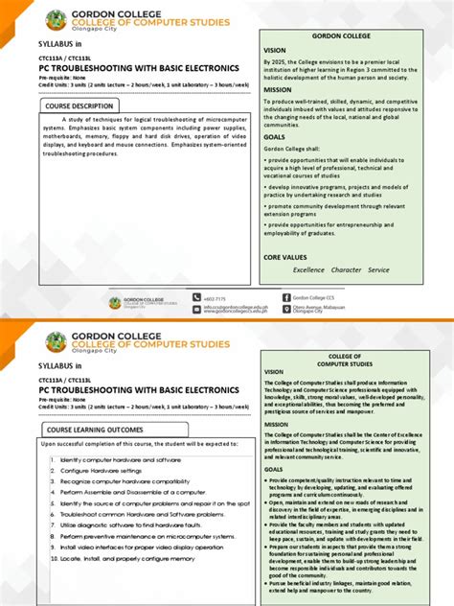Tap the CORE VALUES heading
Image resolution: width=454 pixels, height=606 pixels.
coord(285,257)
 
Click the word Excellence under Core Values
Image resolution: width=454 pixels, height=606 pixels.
coord(308,269)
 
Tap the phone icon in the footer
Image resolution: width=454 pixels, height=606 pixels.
coord(196,298)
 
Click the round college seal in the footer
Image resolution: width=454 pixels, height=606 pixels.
coord(115,303)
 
